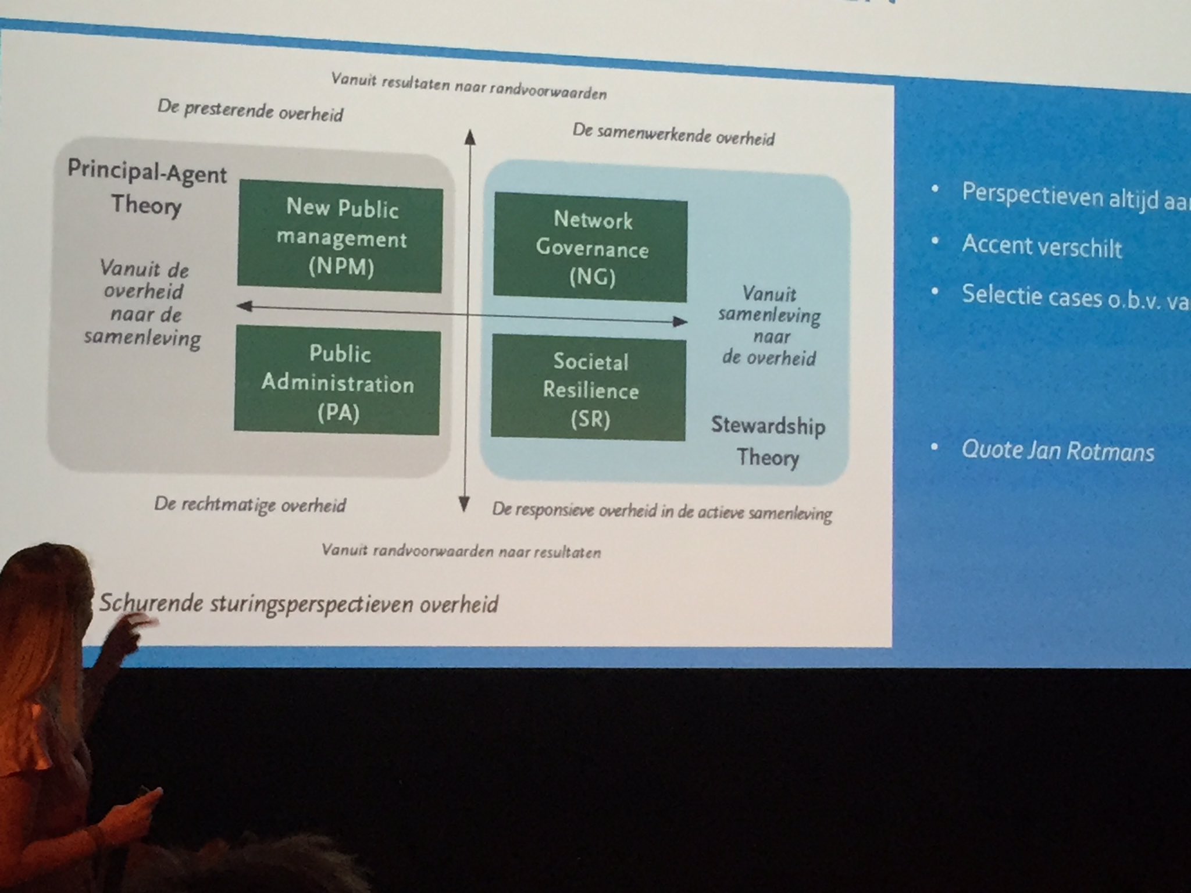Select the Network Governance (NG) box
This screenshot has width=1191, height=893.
pyautogui.click(x=591, y=248)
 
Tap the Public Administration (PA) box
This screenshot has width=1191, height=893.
pyautogui.click(x=337, y=383)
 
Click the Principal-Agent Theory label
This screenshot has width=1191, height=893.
pyautogui.click(x=147, y=188)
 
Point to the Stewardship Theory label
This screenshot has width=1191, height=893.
pyautogui.click(x=768, y=441)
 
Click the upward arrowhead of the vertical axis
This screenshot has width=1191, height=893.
pyautogui.click(x=470, y=137)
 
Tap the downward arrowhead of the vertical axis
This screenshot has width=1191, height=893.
pyautogui.click(x=464, y=504)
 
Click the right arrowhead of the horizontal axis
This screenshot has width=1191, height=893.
pyautogui.click(x=680, y=321)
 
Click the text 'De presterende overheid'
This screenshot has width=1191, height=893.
pyautogui.click(x=250, y=110)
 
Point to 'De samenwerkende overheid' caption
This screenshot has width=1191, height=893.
pyautogui.click(x=673, y=134)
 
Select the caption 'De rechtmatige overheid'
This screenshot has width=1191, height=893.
pyautogui.click(x=250, y=505)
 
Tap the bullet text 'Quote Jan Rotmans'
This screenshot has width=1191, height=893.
pyautogui.click(x=1057, y=451)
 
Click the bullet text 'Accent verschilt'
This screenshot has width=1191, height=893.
pyautogui.click(x=1041, y=247)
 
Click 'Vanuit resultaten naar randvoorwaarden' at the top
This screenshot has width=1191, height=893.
pyautogui.click(x=469, y=86)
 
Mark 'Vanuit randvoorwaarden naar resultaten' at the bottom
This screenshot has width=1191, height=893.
pyautogui.click(x=461, y=551)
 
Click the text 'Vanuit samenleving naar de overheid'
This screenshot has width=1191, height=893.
pyautogui.click(x=769, y=326)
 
